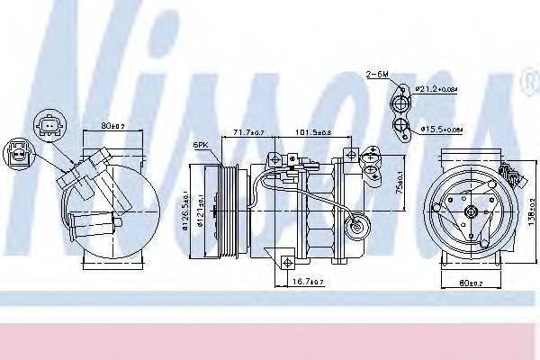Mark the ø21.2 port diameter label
click(441, 87)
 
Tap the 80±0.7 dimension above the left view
click(113, 126)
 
